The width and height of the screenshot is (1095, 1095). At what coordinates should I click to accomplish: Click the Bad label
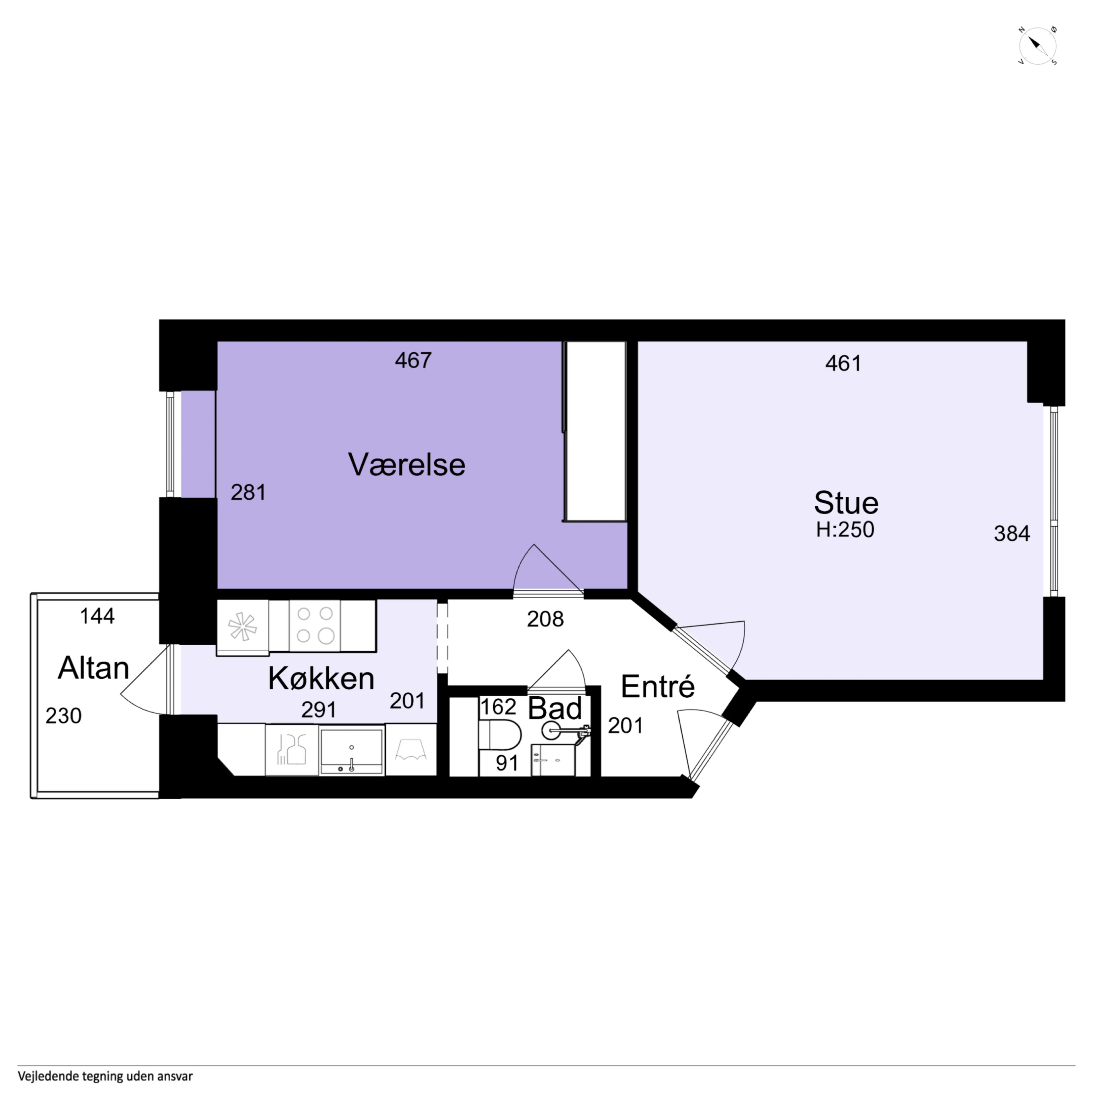555,709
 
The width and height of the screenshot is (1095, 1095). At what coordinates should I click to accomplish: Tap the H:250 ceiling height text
845,529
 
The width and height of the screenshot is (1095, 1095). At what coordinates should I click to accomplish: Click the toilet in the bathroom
500,735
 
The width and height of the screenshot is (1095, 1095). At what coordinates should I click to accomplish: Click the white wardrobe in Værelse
595,431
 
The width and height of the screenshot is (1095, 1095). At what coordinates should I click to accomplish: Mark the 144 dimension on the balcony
97,616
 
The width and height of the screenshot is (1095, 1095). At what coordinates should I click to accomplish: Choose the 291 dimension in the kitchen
319,710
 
